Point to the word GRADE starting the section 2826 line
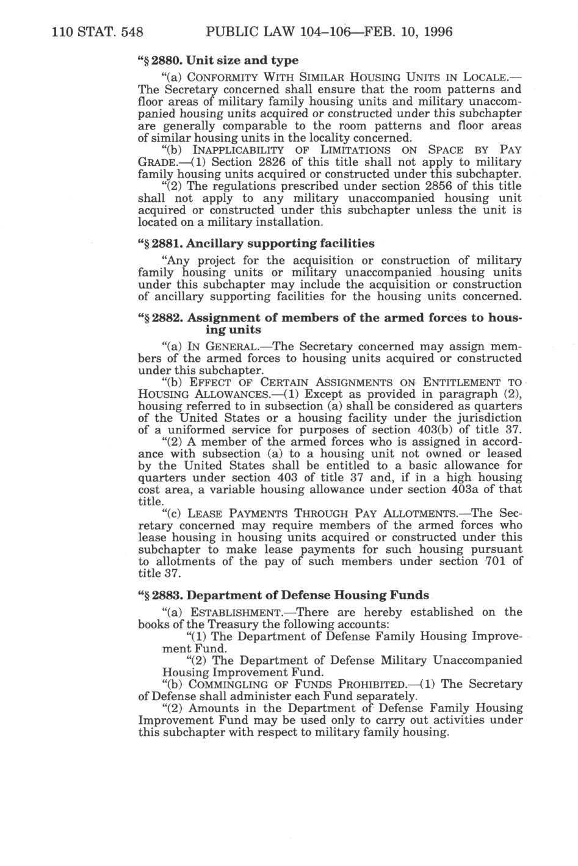[157, 162]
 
